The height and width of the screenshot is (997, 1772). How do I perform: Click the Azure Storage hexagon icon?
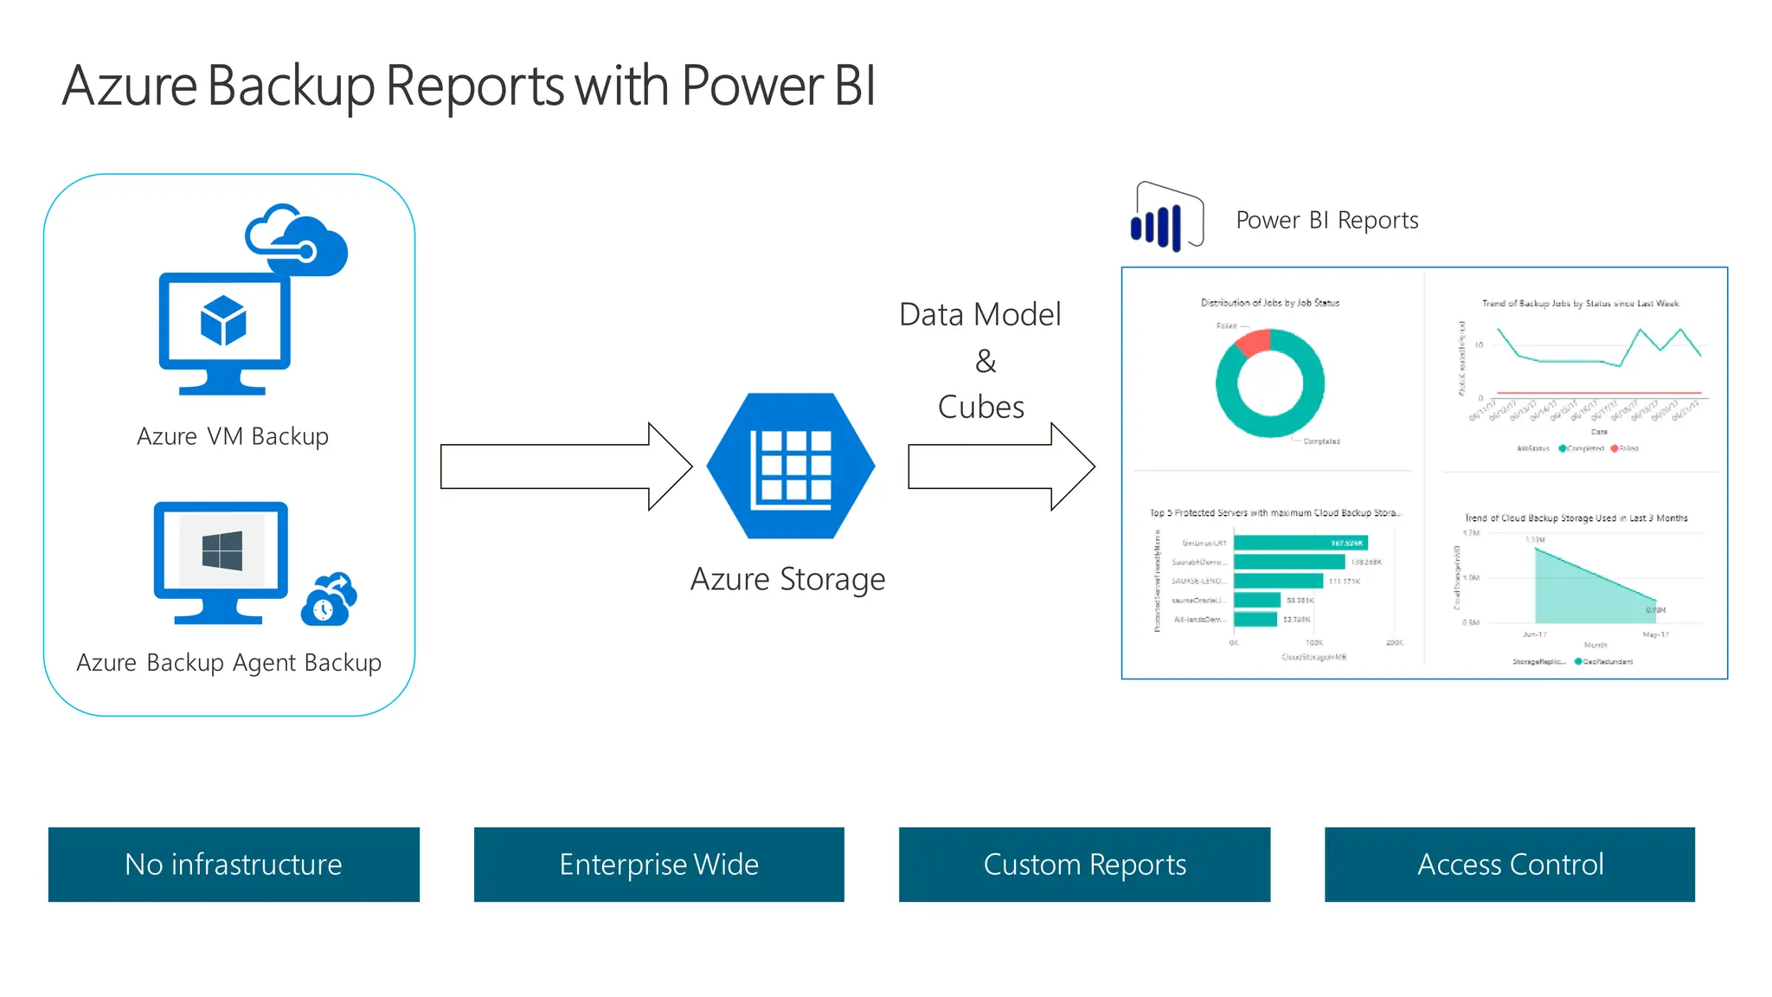[790, 466]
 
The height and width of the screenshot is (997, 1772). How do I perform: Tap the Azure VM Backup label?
[233, 436]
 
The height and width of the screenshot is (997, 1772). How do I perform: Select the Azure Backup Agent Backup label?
[228, 662]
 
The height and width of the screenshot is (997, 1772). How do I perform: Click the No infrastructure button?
[234, 865]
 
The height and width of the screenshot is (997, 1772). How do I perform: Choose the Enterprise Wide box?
[658, 865]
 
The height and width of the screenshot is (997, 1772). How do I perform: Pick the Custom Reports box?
[1084, 865]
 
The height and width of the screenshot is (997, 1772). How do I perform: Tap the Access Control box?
[1510, 865]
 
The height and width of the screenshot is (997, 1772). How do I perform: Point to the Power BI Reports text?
[1326, 220]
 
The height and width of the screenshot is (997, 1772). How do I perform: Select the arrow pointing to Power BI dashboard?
[999, 466]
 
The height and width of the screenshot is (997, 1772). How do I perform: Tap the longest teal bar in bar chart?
[1300, 544]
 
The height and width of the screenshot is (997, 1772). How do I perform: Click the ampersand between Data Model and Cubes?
[986, 361]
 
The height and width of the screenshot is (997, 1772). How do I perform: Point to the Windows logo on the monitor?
[221, 551]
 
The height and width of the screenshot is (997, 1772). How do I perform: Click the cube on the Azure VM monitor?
[223, 320]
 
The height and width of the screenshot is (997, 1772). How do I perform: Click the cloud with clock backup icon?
[328, 601]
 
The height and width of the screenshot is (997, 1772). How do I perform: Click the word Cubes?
[981, 407]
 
